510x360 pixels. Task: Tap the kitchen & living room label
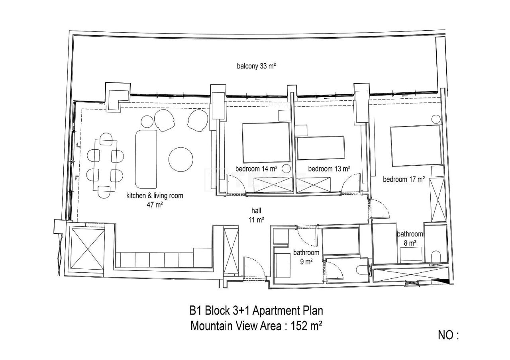pos(155,200)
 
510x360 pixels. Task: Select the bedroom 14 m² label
pos(256,169)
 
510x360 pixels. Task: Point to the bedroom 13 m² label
pos(329,169)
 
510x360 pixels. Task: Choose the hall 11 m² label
pos(256,215)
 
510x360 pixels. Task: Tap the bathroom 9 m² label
pos(306,257)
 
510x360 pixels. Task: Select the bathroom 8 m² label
pos(406,238)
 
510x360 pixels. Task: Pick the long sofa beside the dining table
pos(146,158)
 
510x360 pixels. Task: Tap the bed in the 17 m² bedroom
pos(416,146)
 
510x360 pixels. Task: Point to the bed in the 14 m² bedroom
pos(266,141)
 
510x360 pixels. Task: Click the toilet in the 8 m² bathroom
pos(436,257)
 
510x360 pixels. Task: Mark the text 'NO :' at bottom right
pos(448,335)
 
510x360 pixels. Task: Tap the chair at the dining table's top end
pos(106,138)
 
